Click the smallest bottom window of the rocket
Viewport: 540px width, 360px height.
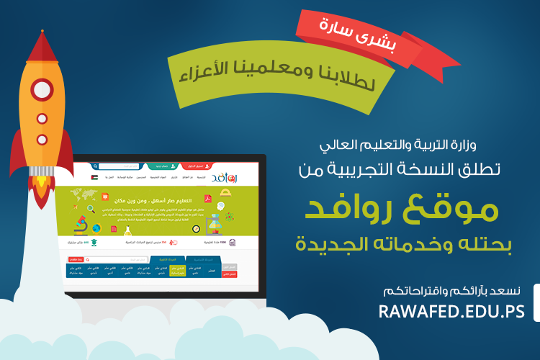[x=42, y=138]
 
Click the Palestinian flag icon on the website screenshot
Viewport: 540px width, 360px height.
[x=94, y=176]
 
